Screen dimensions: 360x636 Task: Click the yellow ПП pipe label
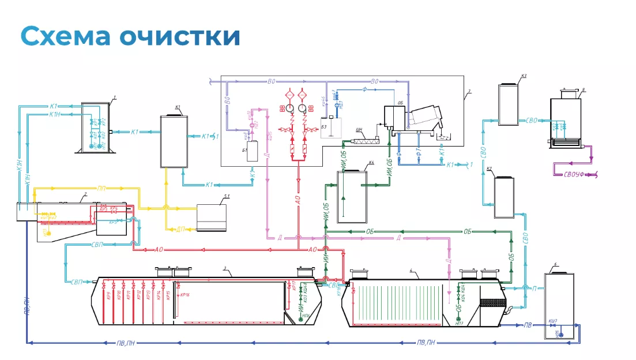101,188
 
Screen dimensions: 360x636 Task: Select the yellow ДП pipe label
180,229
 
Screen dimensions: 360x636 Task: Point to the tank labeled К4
353,196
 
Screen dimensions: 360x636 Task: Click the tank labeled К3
510,104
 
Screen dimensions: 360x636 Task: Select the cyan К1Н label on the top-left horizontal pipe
55,115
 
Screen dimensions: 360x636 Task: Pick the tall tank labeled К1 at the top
174,141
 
